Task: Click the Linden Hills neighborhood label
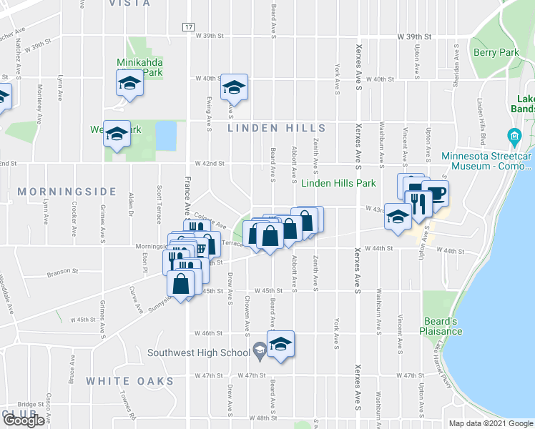[277, 129]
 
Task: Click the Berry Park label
[496, 53]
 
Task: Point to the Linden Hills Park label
[338, 184]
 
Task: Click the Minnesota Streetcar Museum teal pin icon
[514, 136]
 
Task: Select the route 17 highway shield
[188, 26]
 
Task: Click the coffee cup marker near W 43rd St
[435, 192]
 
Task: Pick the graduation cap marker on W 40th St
[234, 87]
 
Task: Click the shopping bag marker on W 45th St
[181, 283]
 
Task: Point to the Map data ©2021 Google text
[490, 423]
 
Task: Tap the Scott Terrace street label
[159, 202]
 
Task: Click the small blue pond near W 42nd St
[166, 135]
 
